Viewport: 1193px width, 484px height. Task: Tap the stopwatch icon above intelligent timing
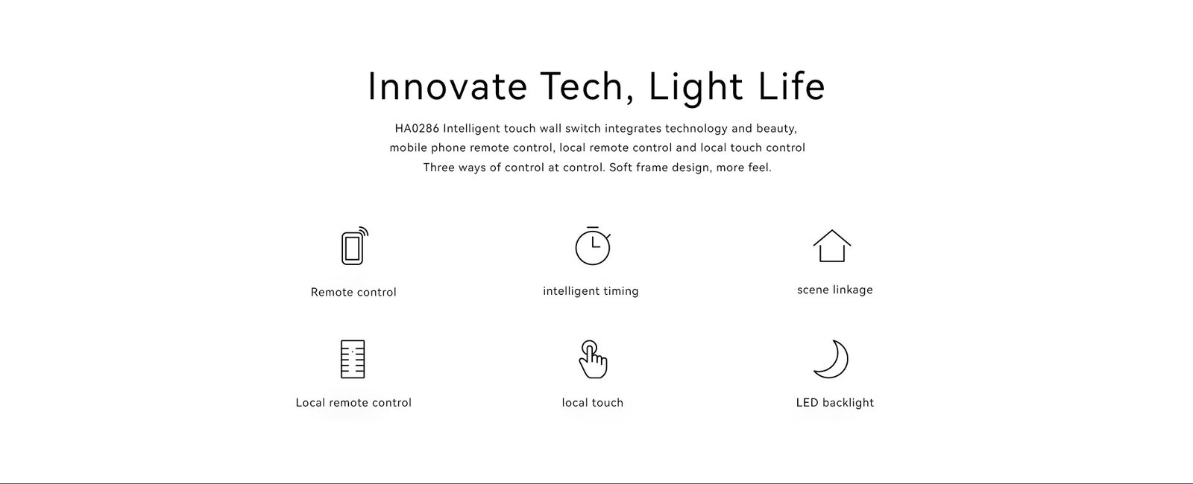[592, 246]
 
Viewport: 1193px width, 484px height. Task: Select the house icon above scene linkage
[831, 246]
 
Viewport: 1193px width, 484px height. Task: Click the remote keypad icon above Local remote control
[353, 359]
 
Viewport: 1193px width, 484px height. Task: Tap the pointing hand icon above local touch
[593, 360]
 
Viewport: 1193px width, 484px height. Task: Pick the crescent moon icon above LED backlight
[831, 359]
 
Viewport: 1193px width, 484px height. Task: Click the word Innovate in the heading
[447, 86]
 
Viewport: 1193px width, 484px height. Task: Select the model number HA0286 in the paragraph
[417, 128]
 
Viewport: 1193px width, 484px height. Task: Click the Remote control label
[353, 292]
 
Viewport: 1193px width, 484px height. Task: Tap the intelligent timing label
[591, 291]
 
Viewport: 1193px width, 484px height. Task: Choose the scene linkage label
[834, 290]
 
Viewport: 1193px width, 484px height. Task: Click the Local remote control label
[353, 403]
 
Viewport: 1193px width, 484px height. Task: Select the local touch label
[592, 403]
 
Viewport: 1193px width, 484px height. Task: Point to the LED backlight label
[834, 403]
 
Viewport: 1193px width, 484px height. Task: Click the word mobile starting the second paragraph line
[408, 147]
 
